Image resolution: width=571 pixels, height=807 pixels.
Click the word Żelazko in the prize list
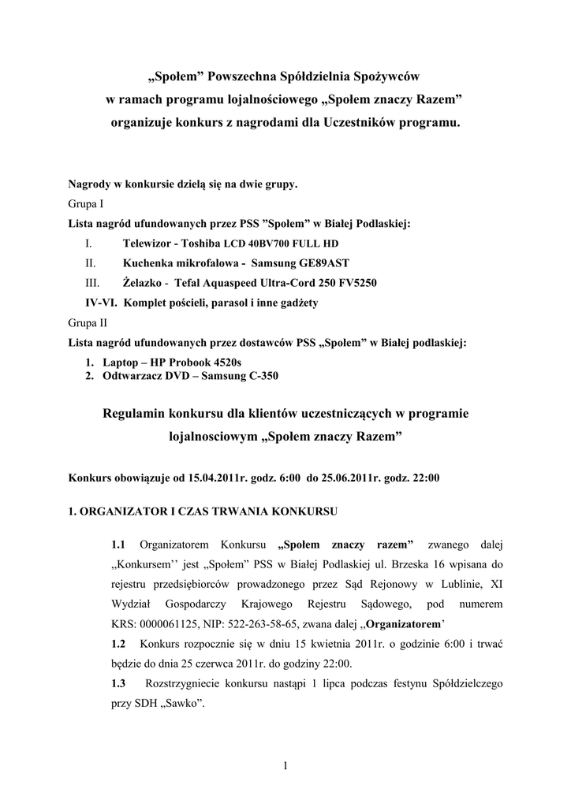coord(142,283)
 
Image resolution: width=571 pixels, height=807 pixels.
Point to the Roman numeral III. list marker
coord(91,283)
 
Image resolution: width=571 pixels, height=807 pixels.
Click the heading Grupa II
coord(88,323)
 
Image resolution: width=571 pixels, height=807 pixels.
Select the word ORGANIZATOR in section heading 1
coord(126,511)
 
